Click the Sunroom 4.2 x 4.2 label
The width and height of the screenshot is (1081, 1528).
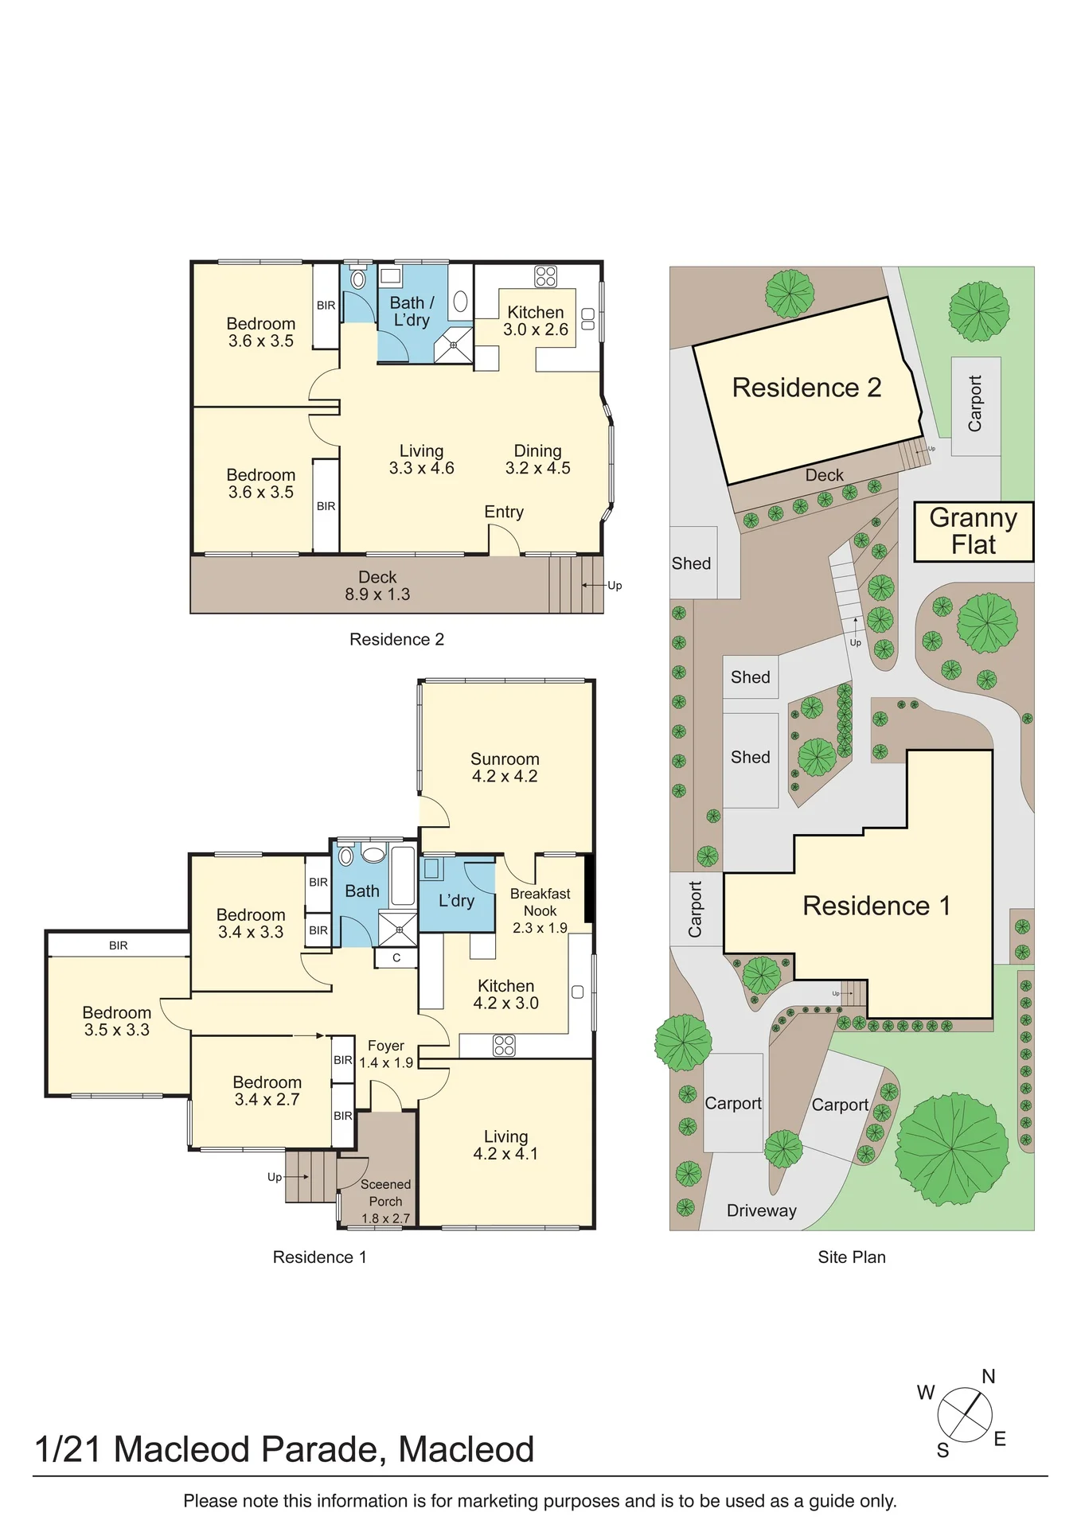pos(505,768)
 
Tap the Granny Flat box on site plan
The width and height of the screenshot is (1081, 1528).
pos(974,532)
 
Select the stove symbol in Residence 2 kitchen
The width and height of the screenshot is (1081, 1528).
pos(546,276)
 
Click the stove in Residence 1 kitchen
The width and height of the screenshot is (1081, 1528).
pos(504,1045)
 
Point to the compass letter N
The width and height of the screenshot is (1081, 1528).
pos(989,1376)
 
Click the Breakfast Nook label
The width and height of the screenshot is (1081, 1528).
pos(540,902)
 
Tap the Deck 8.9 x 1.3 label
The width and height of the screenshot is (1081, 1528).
pos(377,586)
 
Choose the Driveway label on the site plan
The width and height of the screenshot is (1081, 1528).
pos(762,1210)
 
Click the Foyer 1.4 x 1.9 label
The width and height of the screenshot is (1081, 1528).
pos(386,1054)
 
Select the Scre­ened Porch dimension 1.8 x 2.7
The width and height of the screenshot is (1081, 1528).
pos(385,1218)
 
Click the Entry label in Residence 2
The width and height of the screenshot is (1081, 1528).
pos(504,513)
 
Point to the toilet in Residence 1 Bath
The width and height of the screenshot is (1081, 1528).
pos(345,856)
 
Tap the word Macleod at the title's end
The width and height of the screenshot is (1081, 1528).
pos(466,1449)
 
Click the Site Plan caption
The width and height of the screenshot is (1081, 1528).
pos(852,1257)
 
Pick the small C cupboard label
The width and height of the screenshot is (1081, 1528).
pos(396,958)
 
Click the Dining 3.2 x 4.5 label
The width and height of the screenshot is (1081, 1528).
pos(538,459)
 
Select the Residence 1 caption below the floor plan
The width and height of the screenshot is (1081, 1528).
pos(320,1257)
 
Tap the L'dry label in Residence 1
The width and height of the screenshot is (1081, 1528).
pos(456,901)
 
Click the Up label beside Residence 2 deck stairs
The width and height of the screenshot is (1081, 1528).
pos(615,586)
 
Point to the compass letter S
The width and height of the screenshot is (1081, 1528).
pos(943,1450)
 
